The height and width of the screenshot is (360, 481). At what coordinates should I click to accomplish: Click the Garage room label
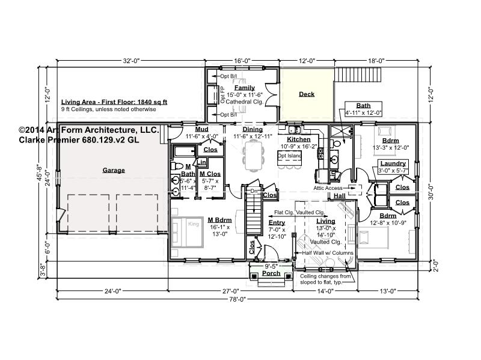(114, 170)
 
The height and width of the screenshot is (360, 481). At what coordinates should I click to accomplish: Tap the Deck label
(307, 94)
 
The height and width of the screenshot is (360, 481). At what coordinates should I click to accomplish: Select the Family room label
(240, 88)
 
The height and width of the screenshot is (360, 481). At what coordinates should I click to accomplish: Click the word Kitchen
(298, 139)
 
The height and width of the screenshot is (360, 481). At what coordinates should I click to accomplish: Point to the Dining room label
(253, 129)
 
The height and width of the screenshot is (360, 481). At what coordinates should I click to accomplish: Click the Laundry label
(393, 163)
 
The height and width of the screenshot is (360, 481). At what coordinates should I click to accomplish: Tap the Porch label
(271, 273)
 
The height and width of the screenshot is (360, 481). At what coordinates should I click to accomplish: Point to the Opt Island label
(289, 155)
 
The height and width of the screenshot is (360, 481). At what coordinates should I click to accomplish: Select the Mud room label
(202, 129)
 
